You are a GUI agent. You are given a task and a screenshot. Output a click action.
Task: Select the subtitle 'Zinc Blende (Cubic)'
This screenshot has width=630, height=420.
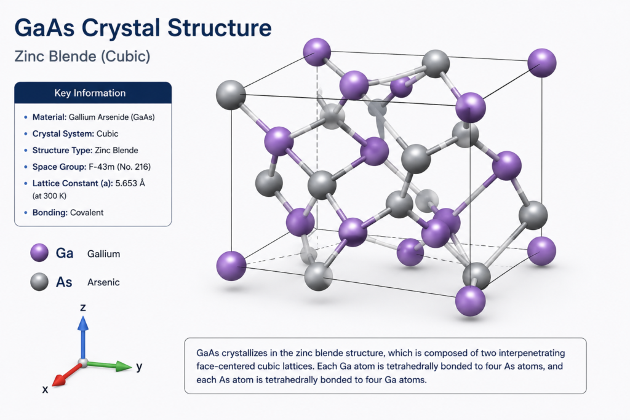[82, 56]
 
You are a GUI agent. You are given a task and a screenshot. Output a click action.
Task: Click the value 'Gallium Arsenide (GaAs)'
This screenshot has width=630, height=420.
[112, 117]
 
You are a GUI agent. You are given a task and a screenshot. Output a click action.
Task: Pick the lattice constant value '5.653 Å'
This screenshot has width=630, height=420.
[130, 183]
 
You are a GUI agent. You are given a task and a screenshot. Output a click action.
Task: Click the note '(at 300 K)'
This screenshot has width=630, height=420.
[49, 196]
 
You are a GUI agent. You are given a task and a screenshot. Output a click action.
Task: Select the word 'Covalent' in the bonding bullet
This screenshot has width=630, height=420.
[87, 212]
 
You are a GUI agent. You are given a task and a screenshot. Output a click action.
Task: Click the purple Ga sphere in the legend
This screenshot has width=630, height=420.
[39, 253]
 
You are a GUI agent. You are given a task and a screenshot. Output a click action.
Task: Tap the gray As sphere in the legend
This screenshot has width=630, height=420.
[39, 282]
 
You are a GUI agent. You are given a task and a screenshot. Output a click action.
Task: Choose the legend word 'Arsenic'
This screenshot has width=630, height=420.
[103, 282]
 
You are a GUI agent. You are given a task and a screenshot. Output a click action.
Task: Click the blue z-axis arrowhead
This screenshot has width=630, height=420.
[83, 323]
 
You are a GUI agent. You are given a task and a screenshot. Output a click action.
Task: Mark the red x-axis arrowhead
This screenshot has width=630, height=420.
[60, 379]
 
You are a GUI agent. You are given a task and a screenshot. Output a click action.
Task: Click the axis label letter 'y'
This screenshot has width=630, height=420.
[139, 367]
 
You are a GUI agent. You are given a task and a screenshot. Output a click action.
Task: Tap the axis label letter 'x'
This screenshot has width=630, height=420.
[46, 389]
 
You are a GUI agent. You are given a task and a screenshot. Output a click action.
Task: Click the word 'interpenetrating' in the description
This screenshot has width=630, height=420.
[532, 354]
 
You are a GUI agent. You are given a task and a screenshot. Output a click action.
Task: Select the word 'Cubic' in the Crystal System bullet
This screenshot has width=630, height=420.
[108, 133]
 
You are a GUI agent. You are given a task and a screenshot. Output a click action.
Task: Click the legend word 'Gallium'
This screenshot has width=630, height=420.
[103, 254]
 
